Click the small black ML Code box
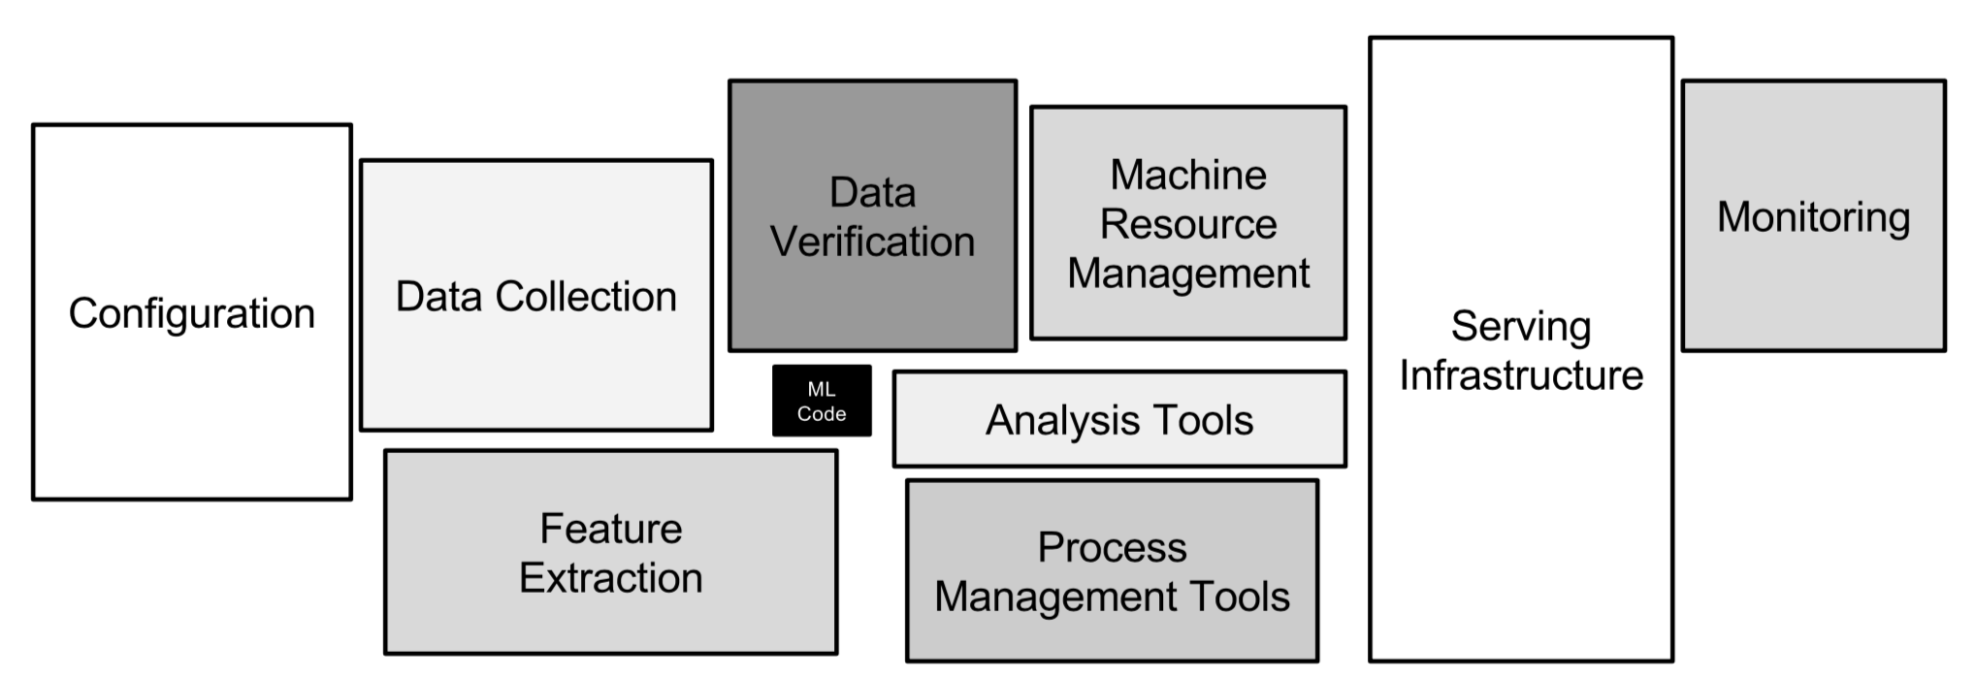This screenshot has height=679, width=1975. click(x=822, y=401)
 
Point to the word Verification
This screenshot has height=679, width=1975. click(x=873, y=242)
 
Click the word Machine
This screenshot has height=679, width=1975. click(x=1188, y=176)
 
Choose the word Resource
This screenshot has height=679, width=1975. click(x=1188, y=224)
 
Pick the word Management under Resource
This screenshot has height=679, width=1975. click(x=1188, y=275)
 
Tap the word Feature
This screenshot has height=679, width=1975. click(x=611, y=529)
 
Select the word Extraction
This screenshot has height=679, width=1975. click(x=611, y=578)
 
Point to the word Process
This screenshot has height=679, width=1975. click(x=1113, y=548)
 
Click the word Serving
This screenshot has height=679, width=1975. click(x=1521, y=328)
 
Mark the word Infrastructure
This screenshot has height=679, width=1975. click(x=1521, y=375)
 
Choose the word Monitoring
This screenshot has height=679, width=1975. click(x=1814, y=218)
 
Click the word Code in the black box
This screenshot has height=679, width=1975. click(x=822, y=414)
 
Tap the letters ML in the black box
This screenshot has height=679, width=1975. click(x=822, y=389)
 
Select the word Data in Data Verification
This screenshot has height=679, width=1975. click(x=873, y=192)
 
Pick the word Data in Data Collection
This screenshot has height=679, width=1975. click(x=439, y=297)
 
